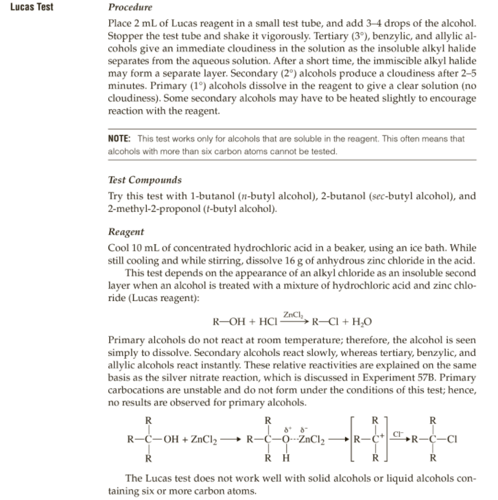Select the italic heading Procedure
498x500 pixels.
[131, 8]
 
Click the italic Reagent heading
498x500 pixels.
[126, 233]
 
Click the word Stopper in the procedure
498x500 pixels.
[126, 39]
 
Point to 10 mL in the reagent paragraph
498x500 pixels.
[147, 248]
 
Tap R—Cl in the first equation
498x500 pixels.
[327, 321]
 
